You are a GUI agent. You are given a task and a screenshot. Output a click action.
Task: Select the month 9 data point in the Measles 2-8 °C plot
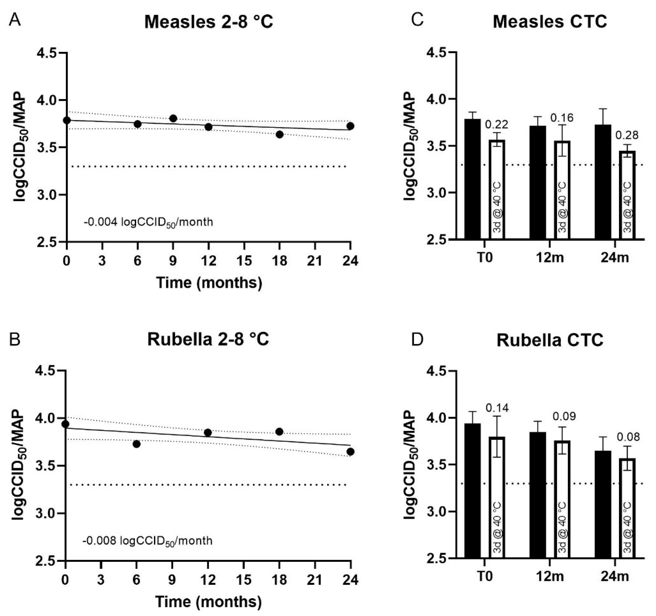[173, 118]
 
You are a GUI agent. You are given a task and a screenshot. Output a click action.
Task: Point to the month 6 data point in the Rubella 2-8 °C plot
[136, 444]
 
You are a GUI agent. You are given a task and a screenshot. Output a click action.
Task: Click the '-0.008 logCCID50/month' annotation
[148, 541]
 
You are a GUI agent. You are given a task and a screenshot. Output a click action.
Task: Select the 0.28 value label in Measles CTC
[627, 135]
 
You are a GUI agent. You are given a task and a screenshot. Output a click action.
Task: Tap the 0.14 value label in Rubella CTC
[497, 408]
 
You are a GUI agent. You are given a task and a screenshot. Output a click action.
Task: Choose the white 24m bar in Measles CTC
[627, 195]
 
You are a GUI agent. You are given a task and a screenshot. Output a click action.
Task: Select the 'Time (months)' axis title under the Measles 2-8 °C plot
[209, 283]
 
